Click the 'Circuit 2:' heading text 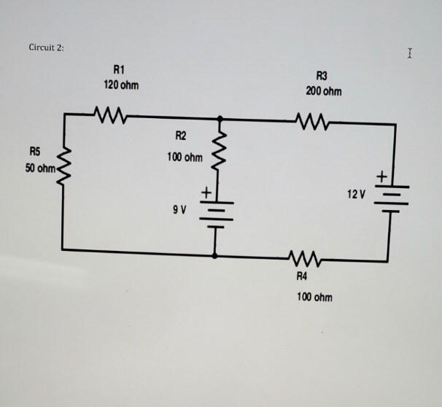coord(46,47)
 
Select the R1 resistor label coord(120,69)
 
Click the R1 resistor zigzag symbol coord(110,115)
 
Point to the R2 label coord(180,135)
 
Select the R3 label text coord(322,76)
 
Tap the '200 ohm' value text coord(323,91)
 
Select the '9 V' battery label coord(179,209)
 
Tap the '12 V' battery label coord(355,194)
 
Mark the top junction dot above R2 coord(220,118)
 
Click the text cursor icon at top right coord(411,53)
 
